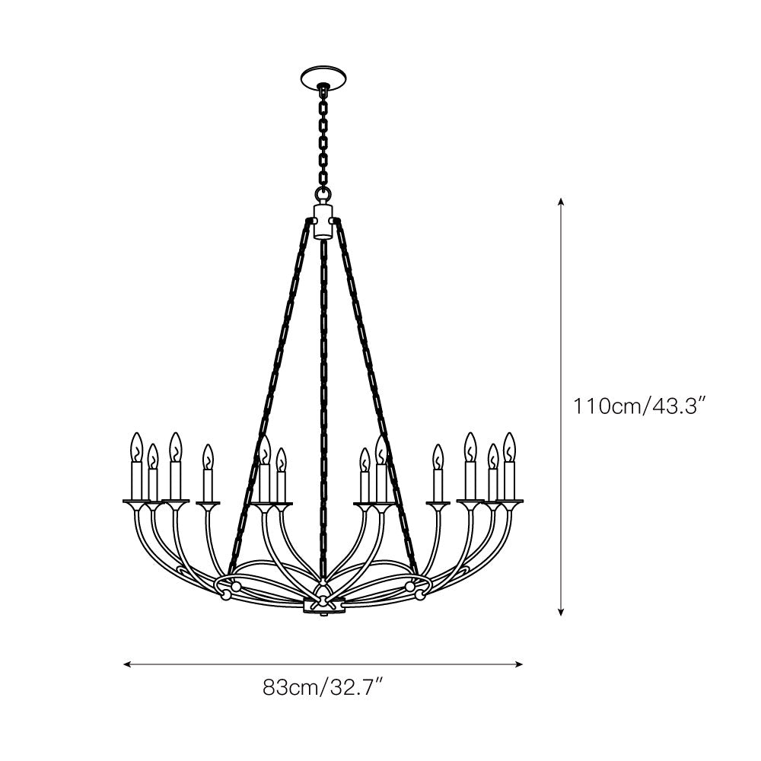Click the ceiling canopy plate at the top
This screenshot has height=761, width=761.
[x=323, y=77]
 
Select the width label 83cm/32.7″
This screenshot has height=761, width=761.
[x=322, y=688]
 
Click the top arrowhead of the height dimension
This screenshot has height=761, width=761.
[x=561, y=202]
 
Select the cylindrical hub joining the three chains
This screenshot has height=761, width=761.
[x=323, y=221]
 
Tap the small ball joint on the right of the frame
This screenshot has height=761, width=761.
[x=410, y=587]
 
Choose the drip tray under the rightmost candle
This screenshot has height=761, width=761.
[x=509, y=501]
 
